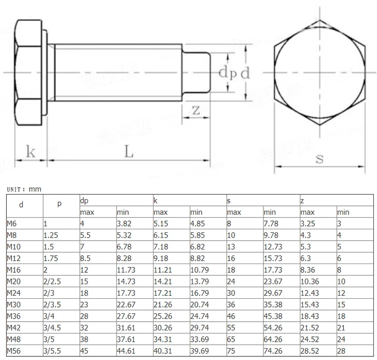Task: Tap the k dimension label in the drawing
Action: point(31,152)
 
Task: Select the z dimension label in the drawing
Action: point(196,110)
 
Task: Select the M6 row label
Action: point(11,224)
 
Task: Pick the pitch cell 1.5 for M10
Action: point(48,247)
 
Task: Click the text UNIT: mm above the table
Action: point(23,190)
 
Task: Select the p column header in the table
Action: point(59,204)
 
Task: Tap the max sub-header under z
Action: point(308,212)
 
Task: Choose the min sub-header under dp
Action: point(122,212)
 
